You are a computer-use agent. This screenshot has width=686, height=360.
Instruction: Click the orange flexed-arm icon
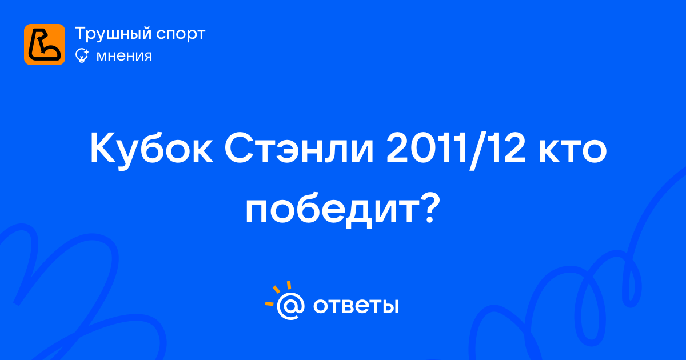pos(45,45)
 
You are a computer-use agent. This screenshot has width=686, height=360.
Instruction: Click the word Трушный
pos(113,34)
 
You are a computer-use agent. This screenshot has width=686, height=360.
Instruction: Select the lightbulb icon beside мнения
pos(82,55)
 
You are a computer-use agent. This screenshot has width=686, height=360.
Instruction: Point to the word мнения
pos(124,56)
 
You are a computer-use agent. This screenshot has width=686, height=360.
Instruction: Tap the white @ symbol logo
pos(290,306)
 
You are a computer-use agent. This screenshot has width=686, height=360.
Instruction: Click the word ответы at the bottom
pos(356,306)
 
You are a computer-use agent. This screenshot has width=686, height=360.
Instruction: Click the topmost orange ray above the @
pos(289,285)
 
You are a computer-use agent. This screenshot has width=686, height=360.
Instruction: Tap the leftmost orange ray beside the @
pos(269,303)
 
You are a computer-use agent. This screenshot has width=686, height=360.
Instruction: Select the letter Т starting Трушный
pos(81,33)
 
